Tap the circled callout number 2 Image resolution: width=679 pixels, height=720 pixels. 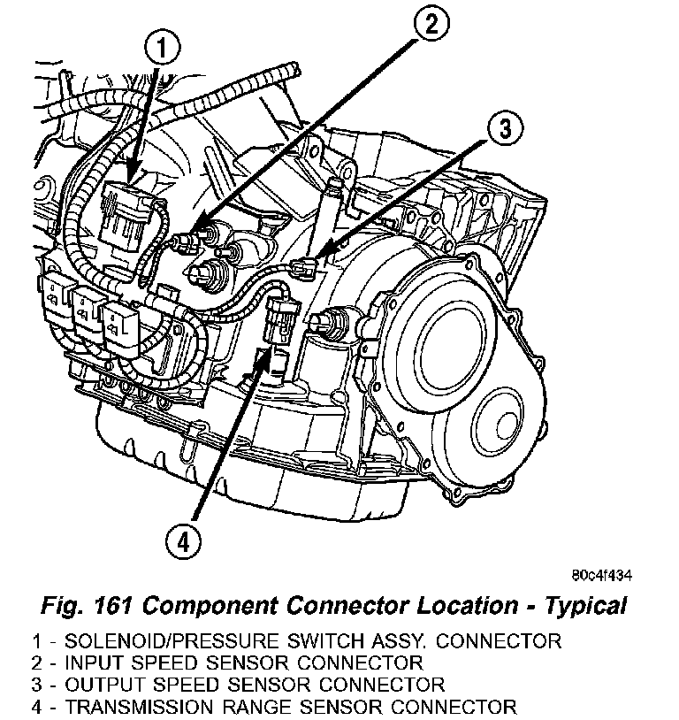[x=430, y=25]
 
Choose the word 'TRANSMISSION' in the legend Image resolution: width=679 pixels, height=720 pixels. [x=131, y=707]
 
